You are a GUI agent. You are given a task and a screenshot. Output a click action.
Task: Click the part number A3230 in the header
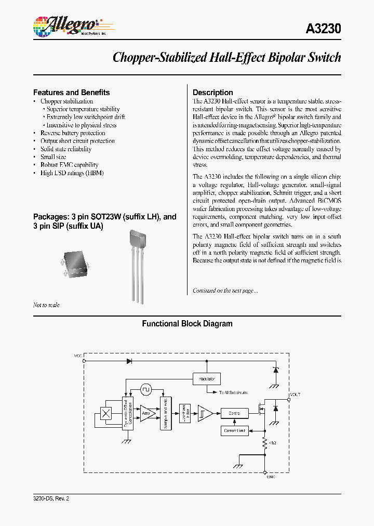(323, 29)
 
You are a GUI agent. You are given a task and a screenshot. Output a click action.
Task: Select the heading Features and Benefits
(72, 93)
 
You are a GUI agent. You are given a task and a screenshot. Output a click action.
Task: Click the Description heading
(213, 93)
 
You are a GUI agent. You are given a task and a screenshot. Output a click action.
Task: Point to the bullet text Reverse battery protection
(73, 133)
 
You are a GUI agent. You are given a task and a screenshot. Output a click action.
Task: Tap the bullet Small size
(53, 157)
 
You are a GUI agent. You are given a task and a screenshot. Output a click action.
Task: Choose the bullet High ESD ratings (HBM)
(72, 173)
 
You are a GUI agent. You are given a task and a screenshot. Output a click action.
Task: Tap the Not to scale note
(46, 305)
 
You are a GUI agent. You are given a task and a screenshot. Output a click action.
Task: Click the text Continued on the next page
(225, 291)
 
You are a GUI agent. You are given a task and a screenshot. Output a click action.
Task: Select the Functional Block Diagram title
(187, 324)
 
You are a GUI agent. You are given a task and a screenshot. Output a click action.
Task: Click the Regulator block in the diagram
(207, 378)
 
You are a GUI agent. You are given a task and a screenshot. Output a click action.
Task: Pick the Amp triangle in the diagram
(148, 413)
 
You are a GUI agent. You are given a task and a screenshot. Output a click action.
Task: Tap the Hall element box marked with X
(106, 413)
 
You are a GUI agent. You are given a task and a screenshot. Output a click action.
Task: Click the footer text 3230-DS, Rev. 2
(51, 498)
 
